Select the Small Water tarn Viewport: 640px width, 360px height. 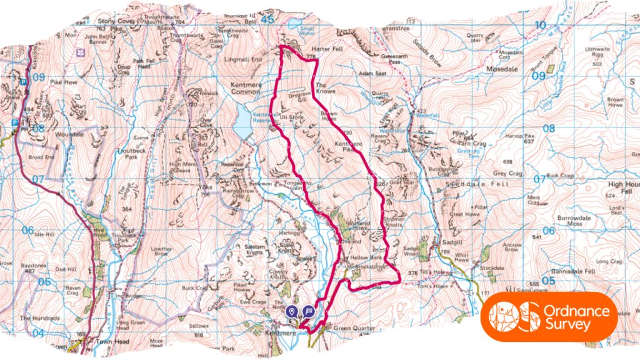tap(293, 24)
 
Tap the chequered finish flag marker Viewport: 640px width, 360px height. tap(308, 311)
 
